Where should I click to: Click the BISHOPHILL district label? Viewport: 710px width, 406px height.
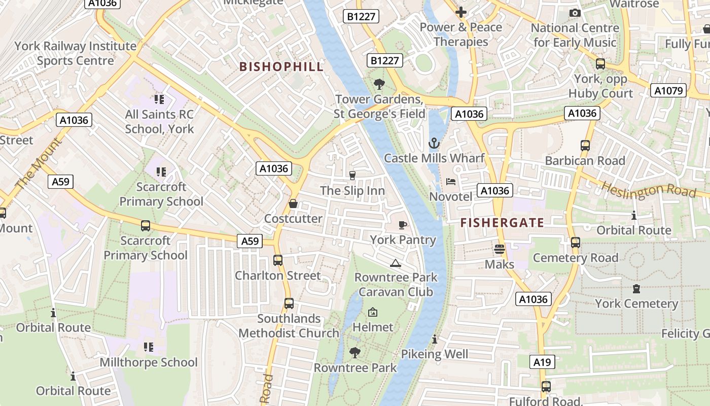coord(281,66)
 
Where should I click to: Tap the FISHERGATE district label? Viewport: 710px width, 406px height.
coord(502,222)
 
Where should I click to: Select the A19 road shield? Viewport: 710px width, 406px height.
coord(542,362)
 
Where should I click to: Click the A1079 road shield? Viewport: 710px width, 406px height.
coord(668,91)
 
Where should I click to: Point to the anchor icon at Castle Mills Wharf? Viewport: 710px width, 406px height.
coord(434,144)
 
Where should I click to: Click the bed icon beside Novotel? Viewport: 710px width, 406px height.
coord(451,182)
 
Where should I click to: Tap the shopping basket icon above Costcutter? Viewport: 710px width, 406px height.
coord(293,204)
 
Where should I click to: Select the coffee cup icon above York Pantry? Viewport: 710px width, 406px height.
coord(403,225)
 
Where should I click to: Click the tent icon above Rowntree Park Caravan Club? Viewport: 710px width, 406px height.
coord(396,263)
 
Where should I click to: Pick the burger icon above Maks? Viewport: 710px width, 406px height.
coord(500,249)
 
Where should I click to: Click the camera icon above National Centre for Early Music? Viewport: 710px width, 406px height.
coord(575,13)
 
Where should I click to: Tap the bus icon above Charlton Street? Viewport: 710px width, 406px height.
coord(278,260)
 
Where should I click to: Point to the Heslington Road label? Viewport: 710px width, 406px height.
coord(649,190)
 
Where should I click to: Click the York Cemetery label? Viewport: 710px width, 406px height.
coord(636,303)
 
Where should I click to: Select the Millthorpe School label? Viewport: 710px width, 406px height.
coord(149,362)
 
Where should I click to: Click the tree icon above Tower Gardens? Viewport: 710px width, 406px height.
coord(379,84)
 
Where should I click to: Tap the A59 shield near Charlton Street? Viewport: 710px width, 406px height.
coord(250,241)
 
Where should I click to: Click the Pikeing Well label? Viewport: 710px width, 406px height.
coord(435,354)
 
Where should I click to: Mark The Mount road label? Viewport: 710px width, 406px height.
coord(39,165)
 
